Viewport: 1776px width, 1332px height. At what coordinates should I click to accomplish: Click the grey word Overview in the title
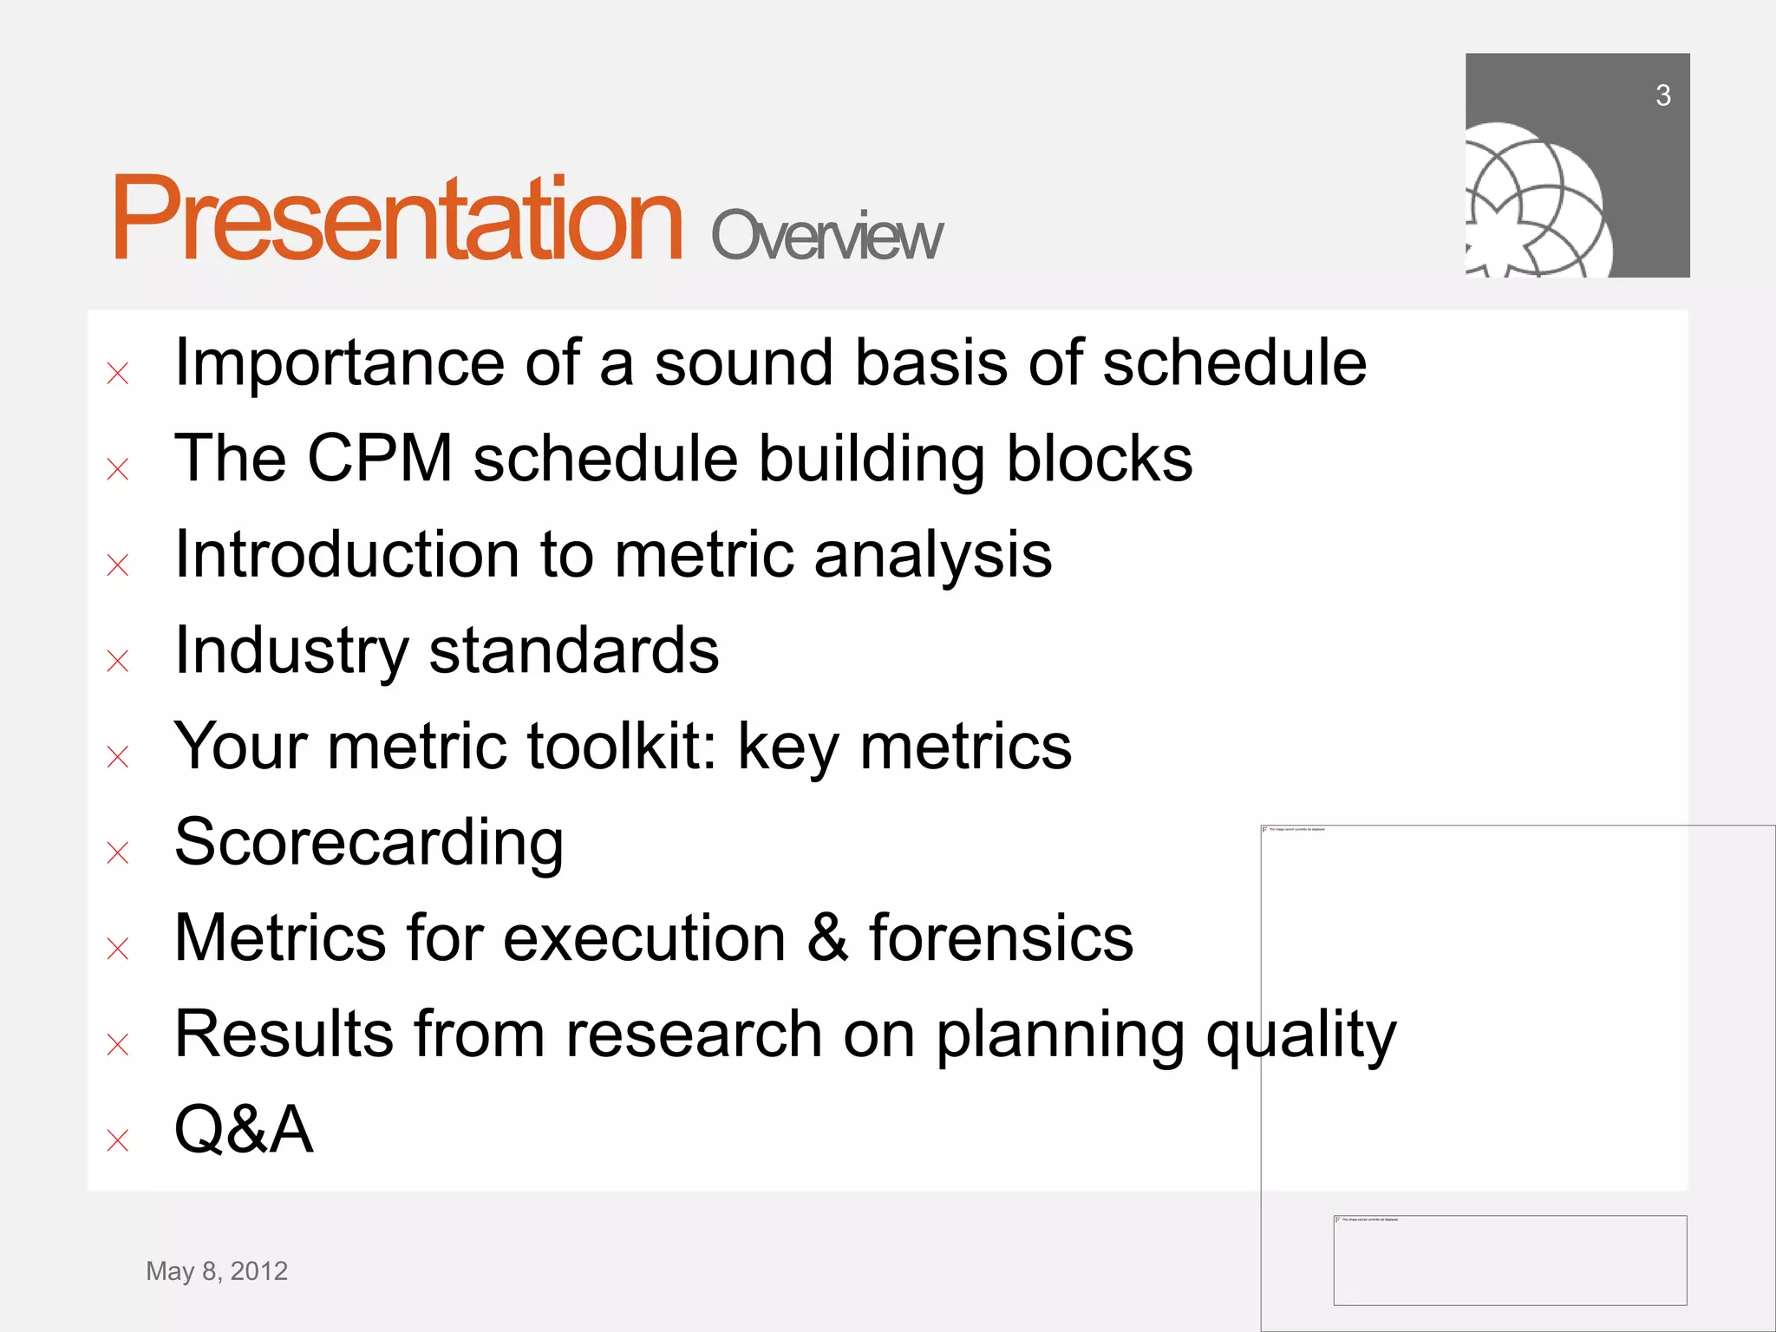[826, 236]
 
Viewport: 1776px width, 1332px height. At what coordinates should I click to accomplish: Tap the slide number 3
[1662, 95]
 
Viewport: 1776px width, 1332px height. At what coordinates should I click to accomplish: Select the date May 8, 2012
[217, 1270]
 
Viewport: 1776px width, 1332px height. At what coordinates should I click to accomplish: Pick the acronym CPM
[380, 458]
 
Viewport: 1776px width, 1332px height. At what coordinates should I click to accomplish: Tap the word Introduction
[347, 554]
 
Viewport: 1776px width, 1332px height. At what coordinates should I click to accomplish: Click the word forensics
[1001, 938]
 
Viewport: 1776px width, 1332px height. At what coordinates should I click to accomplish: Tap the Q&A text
[244, 1130]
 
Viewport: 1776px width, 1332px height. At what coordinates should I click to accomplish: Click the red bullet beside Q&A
[118, 1139]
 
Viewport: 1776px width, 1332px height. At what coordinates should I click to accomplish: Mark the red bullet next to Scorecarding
[118, 852]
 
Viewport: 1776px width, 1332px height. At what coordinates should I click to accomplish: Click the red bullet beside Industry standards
[118, 661]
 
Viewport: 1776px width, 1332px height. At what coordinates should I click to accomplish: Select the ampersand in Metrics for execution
[827, 938]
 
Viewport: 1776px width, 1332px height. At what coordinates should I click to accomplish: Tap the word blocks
[1099, 458]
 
